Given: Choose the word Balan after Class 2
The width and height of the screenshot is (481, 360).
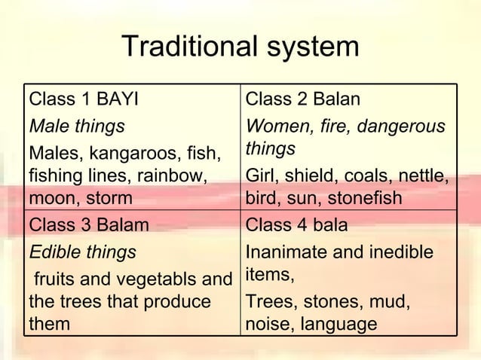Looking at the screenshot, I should (335, 99).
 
